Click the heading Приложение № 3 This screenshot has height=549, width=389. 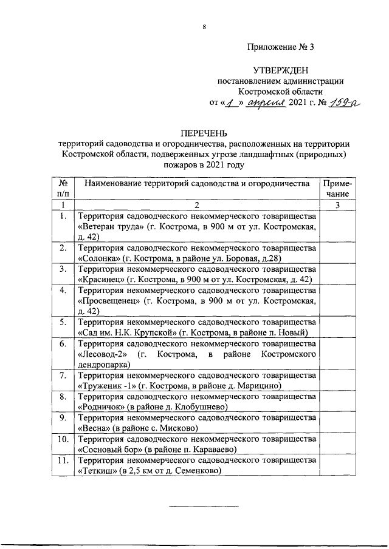pyautogui.click(x=281, y=47)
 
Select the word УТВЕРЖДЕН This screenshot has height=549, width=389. pyautogui.click(x=281, y=71)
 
